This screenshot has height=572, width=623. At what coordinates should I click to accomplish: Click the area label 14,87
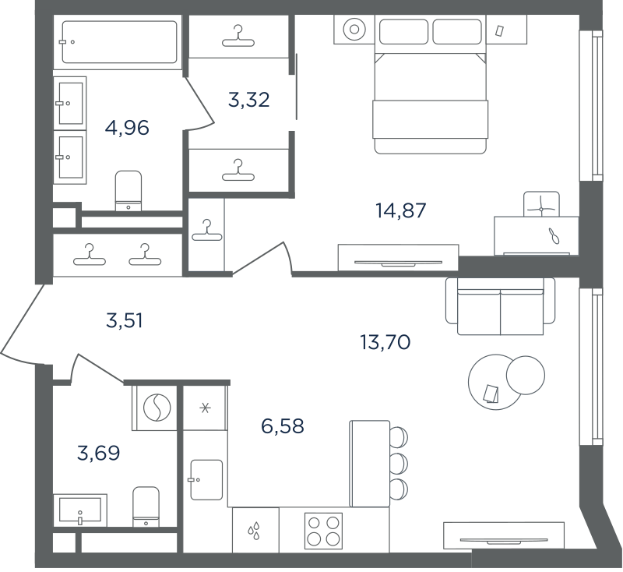coord(401,210)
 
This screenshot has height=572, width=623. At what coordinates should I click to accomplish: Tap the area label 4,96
coord(127,128)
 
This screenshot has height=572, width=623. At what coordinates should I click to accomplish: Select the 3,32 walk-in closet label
coord(249,100)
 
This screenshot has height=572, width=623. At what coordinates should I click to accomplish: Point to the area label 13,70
coord(385,342)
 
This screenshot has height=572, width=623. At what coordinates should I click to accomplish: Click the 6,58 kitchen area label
coord(283,425)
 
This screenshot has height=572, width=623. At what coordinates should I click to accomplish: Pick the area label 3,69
coord(99,453)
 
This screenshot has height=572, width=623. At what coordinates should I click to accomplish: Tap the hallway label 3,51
coord(125,320)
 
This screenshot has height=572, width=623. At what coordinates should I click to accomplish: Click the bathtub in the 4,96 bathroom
coord(120,42)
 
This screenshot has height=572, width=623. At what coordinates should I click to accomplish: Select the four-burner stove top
coord(323,531)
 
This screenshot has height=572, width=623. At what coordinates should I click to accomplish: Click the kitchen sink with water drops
coord(255,530)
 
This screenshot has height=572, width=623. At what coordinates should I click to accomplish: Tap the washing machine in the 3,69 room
coord(157,408)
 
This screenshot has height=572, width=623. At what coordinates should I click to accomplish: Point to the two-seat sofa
coord(500,306)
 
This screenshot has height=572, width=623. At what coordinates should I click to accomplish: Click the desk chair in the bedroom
coord(541,204)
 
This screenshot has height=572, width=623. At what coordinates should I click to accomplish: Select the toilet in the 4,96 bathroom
coord(128,191)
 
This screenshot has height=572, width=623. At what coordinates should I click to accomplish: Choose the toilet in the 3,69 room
coord(146,507)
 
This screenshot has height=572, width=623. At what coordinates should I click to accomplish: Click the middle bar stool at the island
coord(399,463)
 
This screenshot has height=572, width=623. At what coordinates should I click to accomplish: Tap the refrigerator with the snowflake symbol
coord(205,408)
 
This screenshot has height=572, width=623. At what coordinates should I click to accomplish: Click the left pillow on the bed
coord(403,31)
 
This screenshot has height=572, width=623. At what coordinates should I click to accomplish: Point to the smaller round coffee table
coord(525,375)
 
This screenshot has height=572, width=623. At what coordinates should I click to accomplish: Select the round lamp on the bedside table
coord(354,30)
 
